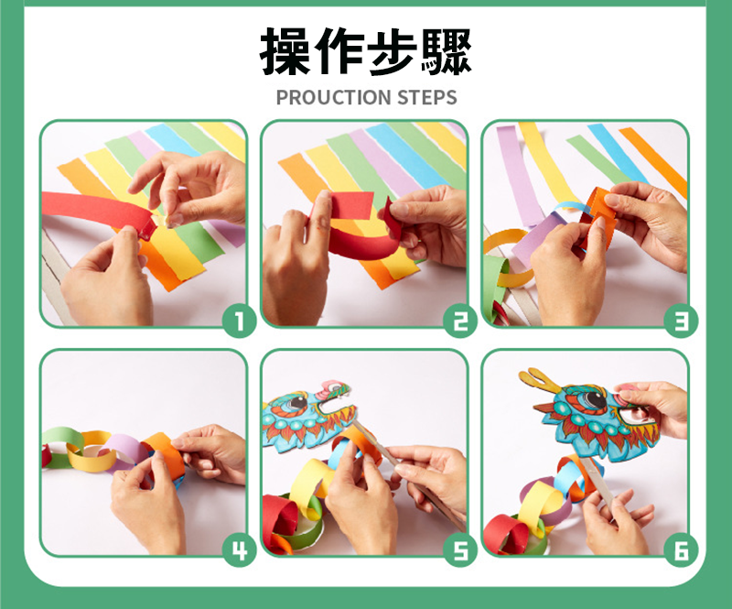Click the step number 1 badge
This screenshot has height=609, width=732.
239,321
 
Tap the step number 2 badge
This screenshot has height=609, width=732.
460,321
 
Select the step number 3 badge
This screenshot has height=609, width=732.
681,321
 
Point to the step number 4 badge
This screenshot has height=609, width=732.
239,550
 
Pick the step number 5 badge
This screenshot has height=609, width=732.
460,550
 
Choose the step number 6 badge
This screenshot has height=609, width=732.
681,550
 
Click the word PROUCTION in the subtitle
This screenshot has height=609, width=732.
333,97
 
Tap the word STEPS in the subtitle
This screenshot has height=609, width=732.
426,97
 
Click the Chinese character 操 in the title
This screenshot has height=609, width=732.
285,51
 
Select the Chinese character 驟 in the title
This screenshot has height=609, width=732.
446,51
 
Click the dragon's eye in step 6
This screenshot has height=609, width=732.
593,400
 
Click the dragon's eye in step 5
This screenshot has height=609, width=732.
296,402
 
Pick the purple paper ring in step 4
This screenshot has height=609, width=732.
123,451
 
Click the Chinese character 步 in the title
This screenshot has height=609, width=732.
393,51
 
